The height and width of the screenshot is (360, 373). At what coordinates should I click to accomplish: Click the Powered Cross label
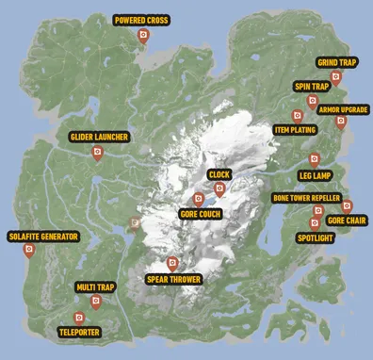[x=142, y=20]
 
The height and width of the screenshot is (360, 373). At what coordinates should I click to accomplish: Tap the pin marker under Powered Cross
[x=142, y=37]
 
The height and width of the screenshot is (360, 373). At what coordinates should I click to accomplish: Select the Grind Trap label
[x=335, y=63]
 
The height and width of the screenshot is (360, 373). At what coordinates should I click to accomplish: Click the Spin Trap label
[x=312, y=86]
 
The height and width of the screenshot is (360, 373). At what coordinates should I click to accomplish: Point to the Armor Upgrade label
[x=342, y=109]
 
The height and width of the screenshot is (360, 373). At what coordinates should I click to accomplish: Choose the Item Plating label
[x=295, y=129]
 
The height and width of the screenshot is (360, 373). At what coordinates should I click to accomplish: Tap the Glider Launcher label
[x=98, y=137]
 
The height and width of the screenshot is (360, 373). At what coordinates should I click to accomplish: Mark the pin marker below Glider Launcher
[x=98, y=152]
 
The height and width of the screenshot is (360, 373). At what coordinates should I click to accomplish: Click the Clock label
[x=219, y=174]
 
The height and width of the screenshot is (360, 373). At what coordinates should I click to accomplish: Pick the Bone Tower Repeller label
[x=306, y=199]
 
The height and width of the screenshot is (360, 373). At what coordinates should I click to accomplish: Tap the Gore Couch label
[x=200, y=214]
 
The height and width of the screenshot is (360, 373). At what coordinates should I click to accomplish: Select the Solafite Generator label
[x=42, y=236]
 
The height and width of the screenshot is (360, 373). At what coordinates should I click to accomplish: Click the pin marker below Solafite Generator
[x=29, y=251]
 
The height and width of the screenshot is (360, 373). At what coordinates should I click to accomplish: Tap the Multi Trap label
[x=96, y=286]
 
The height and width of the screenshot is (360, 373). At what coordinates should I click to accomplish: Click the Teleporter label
[x=77, y=332]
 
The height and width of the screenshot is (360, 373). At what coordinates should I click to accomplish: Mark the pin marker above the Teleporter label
[x=77, y=318]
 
